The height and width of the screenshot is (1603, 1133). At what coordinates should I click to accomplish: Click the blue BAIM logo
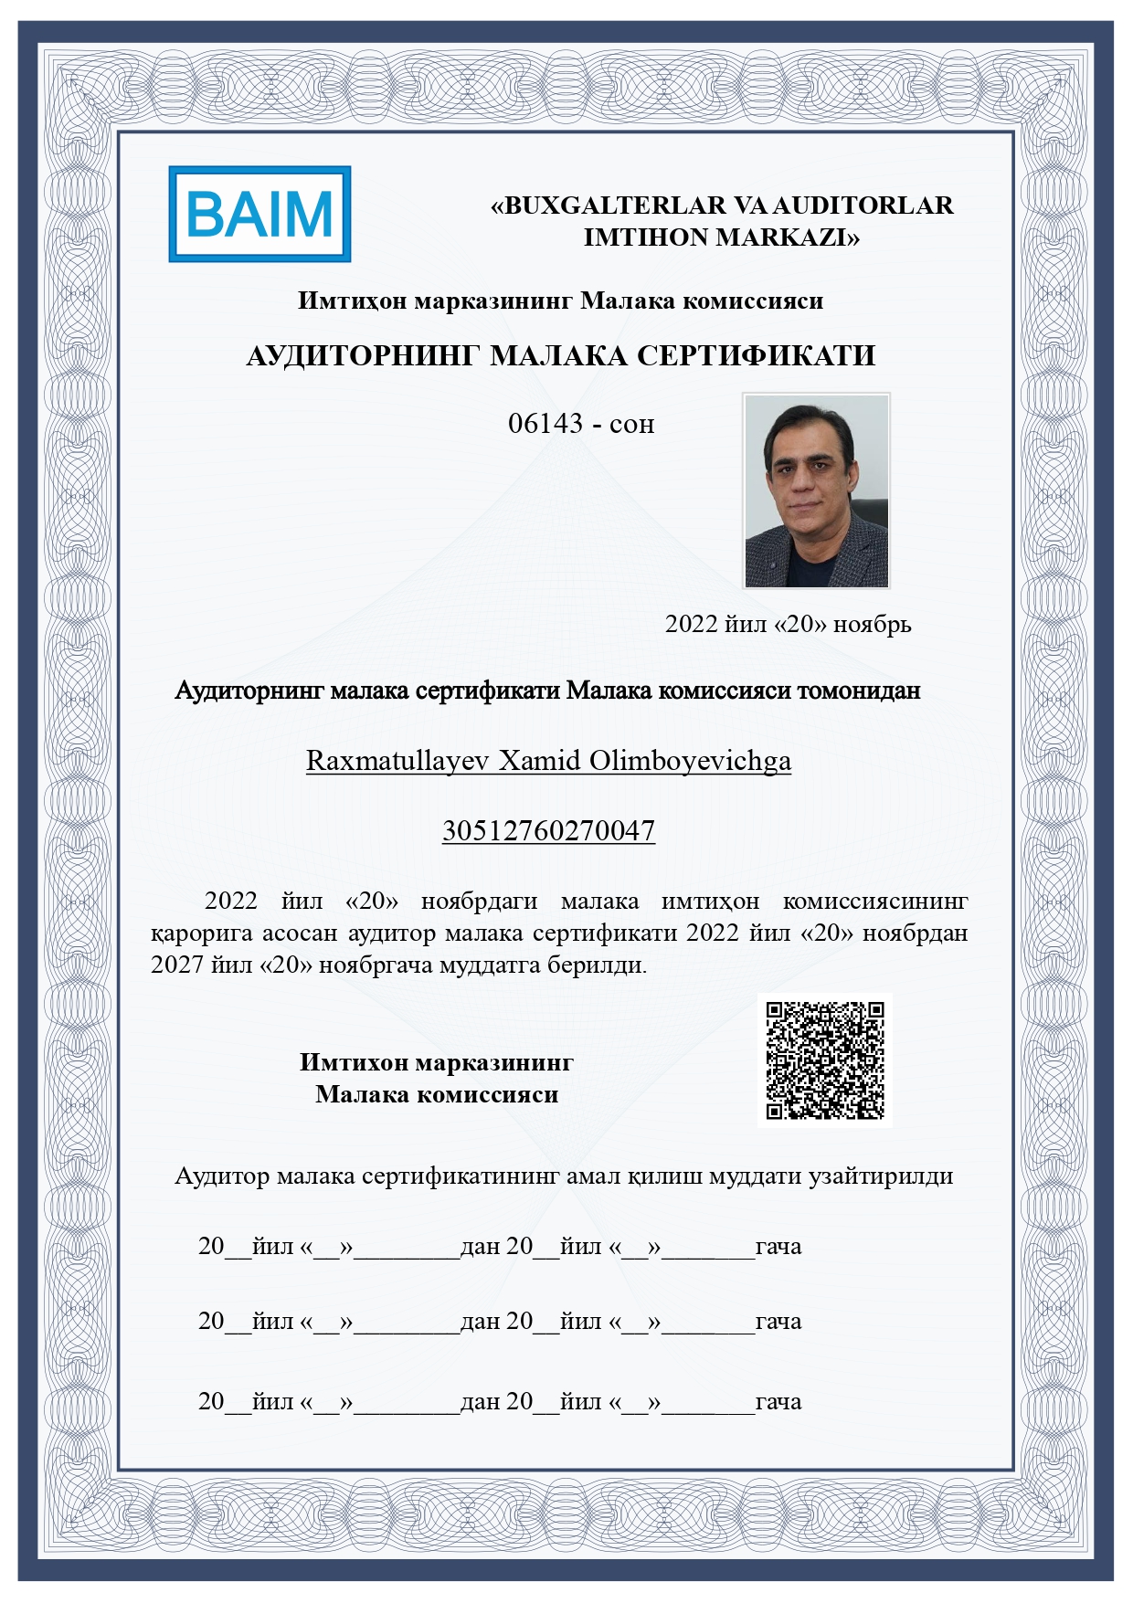259,215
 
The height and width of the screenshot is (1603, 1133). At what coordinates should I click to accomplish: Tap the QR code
825,1060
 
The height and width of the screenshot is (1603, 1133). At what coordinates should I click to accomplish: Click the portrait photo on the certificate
816,490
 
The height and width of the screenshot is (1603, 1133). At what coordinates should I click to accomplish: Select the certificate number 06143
545,424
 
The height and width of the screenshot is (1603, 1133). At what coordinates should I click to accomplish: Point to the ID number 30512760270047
548,830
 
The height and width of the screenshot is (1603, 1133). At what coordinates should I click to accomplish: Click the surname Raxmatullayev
397,761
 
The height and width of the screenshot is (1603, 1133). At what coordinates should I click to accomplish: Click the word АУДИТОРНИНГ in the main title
363,355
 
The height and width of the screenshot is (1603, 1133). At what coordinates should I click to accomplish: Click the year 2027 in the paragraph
177,965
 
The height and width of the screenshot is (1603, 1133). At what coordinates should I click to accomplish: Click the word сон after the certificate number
631,425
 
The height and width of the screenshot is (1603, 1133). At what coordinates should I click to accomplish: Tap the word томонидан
859,691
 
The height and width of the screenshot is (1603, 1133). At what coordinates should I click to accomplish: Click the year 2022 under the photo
692,624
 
